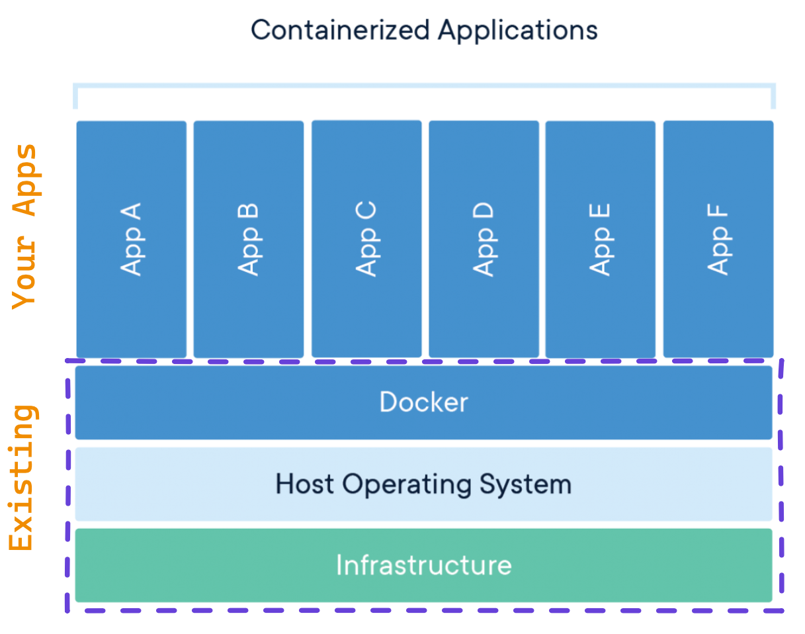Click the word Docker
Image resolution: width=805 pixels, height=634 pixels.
coord(423,402)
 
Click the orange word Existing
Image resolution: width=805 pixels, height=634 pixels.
coord(22,478)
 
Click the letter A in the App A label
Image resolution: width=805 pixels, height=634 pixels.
coord(130,213)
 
